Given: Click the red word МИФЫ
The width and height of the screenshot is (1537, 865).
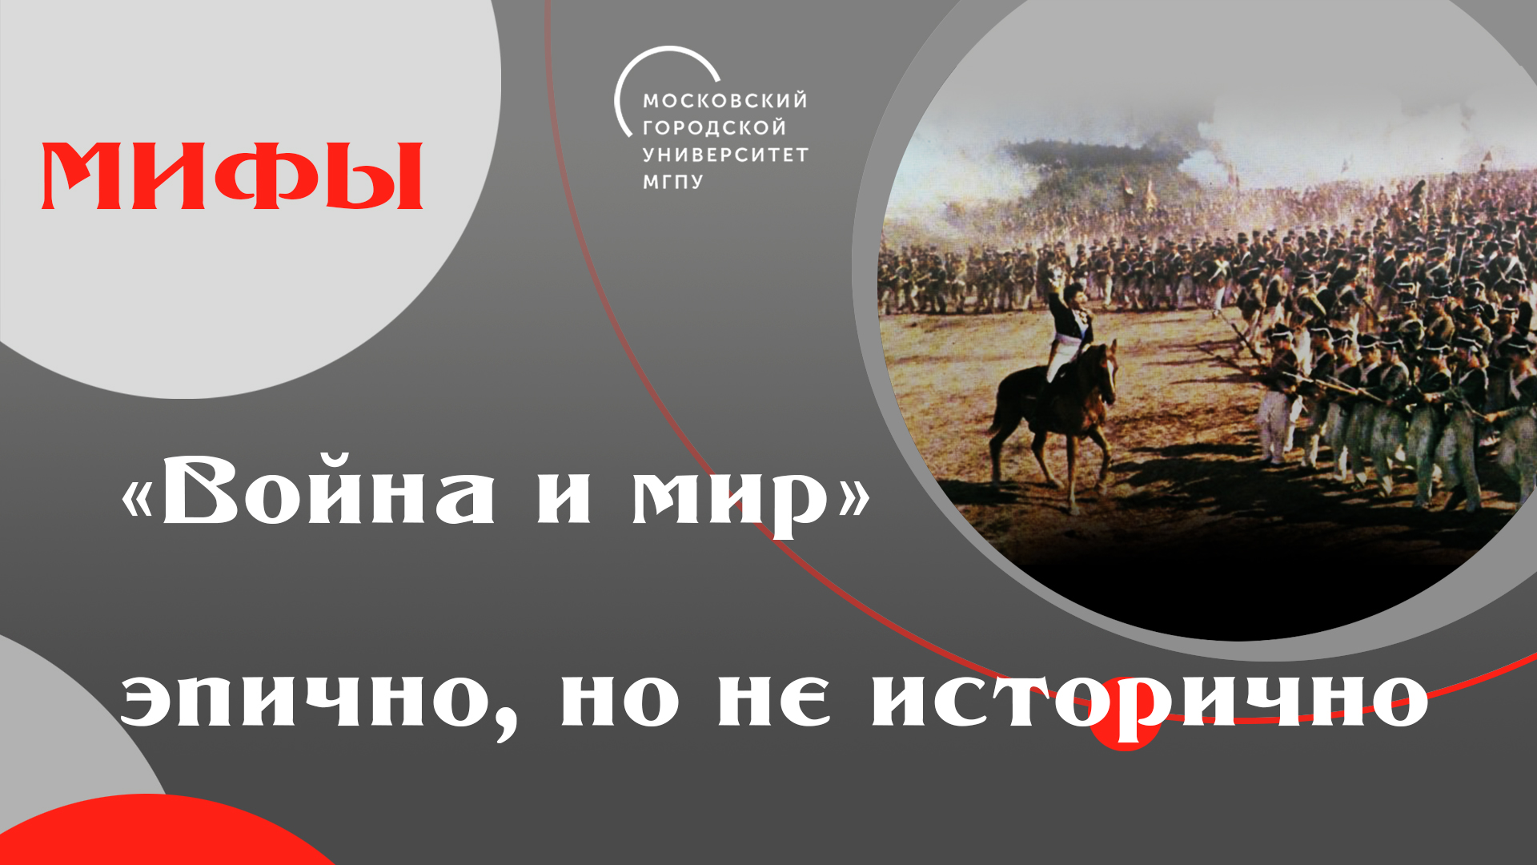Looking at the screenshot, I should tap(232, 176).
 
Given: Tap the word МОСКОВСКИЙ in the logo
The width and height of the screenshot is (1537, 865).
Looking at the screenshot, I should tap(724, 101).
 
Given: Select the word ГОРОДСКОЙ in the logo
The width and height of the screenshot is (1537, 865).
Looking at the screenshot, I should tap(714, 127).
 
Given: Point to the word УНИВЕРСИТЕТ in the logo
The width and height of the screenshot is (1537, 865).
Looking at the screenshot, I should tap(725, 155).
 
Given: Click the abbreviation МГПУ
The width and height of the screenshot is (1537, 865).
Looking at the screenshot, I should tap(672, 182).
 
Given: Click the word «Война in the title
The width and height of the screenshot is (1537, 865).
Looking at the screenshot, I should tap(308, 490).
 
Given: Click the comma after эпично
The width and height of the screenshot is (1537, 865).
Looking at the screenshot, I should tap(505, 725).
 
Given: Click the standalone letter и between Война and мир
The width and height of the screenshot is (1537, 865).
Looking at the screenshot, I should tap(564, 498).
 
